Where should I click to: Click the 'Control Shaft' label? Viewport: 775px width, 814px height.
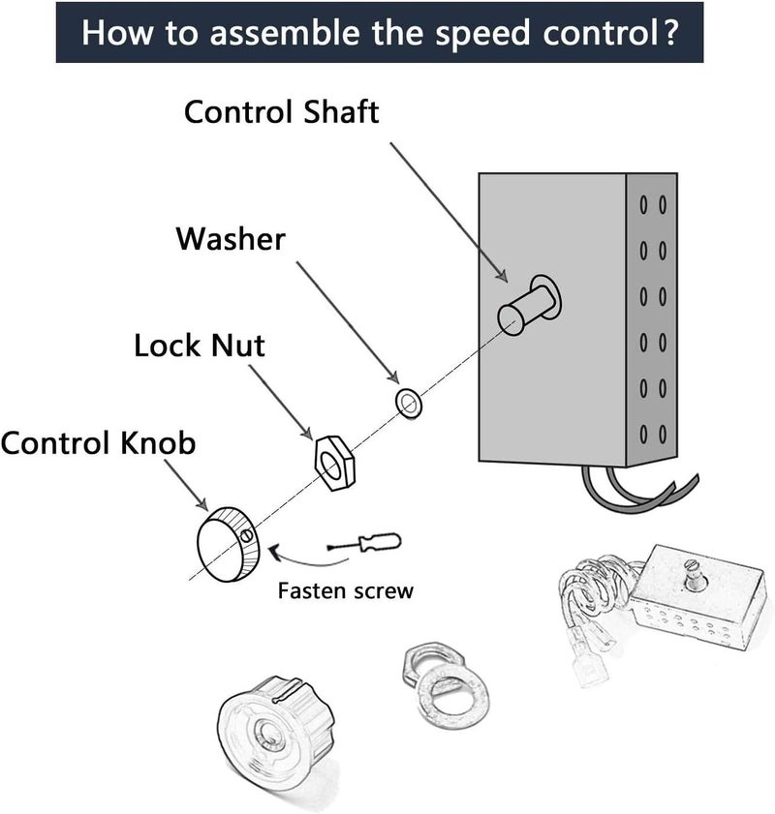pyautogui.click(x=281, y=111)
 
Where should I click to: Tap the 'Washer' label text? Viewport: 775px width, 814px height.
pyautogui.click(x=231, y=238)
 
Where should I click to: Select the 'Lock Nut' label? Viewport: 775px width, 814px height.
pyautogui.click(x=200, y=346)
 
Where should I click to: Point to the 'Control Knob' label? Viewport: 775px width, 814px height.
pyautogui.click(x=98, y=443)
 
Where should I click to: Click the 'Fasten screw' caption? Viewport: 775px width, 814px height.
pyautogui.click(x=345, y=590)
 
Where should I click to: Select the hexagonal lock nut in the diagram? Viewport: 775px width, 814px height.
pyautogui.click(x=331, y=458)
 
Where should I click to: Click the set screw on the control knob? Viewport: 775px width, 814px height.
pyautogui.click(x=248, y=534)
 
